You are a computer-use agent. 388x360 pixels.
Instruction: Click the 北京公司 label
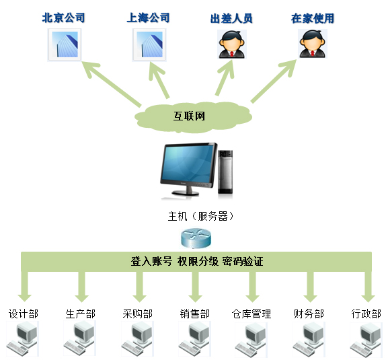tap(64, 17)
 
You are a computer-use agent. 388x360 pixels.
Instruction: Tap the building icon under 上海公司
tap(149, 45)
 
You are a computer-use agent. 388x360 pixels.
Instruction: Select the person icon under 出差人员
tap(232, 44)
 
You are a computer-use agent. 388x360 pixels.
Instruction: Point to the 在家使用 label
tap(313, 18)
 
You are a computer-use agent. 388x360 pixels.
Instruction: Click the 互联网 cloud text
tap(189, 116)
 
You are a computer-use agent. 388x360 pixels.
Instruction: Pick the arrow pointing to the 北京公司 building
tap(112, 84)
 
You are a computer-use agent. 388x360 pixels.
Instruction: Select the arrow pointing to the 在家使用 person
tap(274, 81)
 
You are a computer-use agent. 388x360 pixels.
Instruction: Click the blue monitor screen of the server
tap(188, 164)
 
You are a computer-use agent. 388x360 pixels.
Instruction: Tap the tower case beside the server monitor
tap(225, 172)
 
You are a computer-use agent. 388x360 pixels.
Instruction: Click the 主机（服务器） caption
tap(200, 216)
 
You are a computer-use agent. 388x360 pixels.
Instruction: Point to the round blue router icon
tap(196, 238)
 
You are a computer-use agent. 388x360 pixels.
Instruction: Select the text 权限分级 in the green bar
tap(198, 262)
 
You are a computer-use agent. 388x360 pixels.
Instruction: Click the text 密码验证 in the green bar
tap(243, 262)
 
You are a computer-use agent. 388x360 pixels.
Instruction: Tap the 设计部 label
tap(24, 314)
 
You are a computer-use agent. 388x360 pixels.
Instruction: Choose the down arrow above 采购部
tap(140, 287)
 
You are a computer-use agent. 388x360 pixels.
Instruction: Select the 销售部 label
tap(195, 314)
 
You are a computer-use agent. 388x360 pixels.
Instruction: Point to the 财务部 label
tap(309, 314)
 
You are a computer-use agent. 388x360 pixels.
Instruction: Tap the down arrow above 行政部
tap(368, 287)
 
